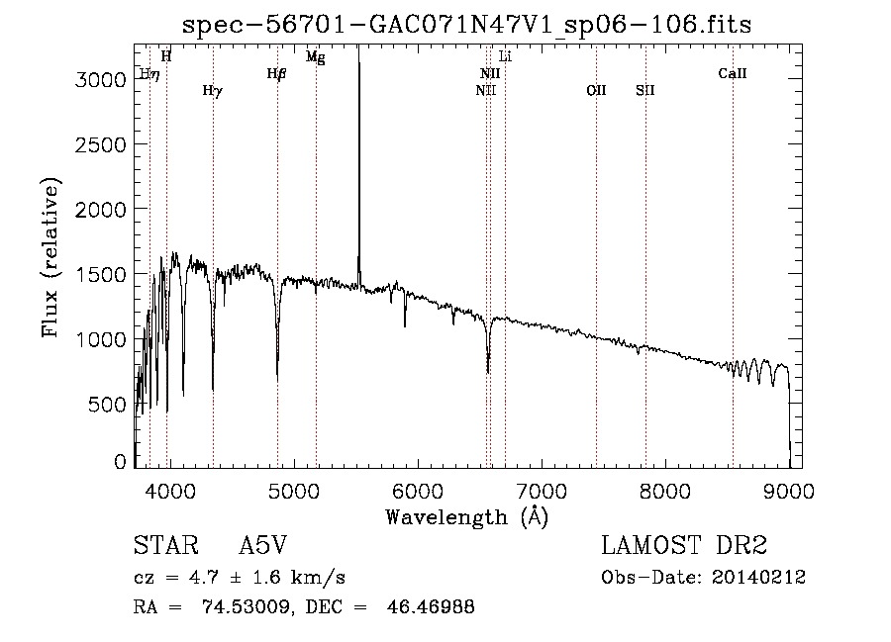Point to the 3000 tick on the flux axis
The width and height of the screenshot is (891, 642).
click(103, 79)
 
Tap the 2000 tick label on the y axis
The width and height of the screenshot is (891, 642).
click(103, 210)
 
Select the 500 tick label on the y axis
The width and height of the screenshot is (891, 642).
click(110, 405)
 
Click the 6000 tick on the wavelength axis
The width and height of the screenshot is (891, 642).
click(417, 489)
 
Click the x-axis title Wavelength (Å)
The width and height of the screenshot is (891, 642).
click(466, 516)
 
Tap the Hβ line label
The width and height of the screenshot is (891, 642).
click(277, 73)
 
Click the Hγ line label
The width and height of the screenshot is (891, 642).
click(212, 91)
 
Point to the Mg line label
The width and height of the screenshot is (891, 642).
click(315, 57)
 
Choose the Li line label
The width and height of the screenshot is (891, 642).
click(505, 56)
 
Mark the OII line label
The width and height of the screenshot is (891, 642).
click(596, 91)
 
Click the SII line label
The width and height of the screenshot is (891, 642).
click(645, 91)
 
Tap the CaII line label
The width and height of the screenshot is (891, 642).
click(733, 73)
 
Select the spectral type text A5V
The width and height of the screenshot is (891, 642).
click(263, 546)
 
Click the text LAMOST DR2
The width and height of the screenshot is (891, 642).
click(684, 546)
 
